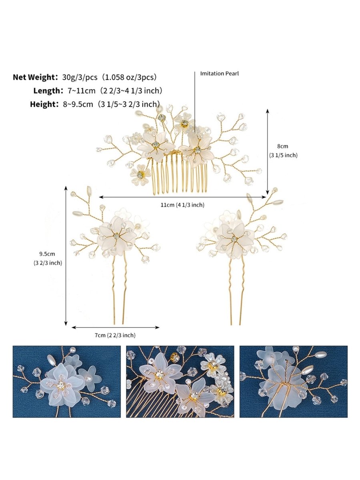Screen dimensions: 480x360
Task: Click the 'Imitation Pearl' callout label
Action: (x=219, y=74)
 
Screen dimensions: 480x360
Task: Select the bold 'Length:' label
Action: (x=45, y=91)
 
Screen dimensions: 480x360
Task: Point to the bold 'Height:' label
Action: (x=44, y=104)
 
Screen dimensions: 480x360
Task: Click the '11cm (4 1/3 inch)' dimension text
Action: (x=182, y=205)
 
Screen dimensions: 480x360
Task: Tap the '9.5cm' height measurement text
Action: (x=47, y=253)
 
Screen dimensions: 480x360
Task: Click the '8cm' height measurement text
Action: (x=282, y=146)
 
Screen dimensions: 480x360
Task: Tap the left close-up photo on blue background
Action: (x=66, y=382)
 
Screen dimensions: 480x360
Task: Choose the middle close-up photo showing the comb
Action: (x=180, y=382)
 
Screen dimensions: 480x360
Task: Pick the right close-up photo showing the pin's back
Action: (x=293, y=382)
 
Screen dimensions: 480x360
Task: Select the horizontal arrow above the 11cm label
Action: (x=182, y=197)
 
